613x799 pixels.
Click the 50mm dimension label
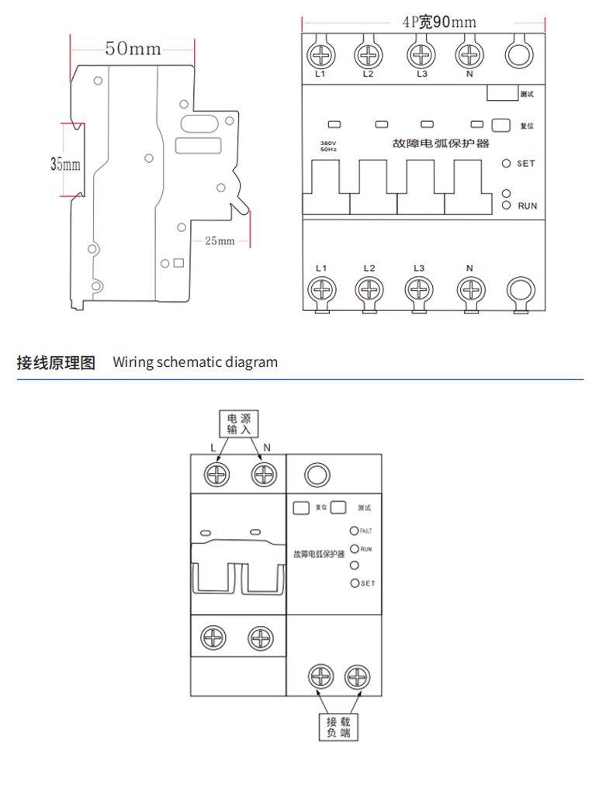pyautogui.click(x=133, y=49)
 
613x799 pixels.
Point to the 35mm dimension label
pyautogui.click(x=65, y=164)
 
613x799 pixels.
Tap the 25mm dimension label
pyautogui.click(x=220, y=240)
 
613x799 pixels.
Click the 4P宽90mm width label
pyautogui.click(x=439, y=22)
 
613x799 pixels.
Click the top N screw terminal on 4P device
pyautogui.click(x=469, y=55)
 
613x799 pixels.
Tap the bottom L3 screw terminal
pyautogui.click(x=419, y=290)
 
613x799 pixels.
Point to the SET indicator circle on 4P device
pyautogui.click(x=506, y=164)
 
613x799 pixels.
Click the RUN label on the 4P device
pyautogui.click(x=528, y=206)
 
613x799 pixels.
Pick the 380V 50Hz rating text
pyautogui.click(x=329, y=146)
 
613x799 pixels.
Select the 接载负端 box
pyautogui.click(x=338, y=727)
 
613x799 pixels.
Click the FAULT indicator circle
pyautogui.click(x=355, y=531)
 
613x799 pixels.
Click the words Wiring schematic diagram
pyautogui.click(x=195, y=362)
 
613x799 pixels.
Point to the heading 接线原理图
pyautogui.click(x=56, y=362)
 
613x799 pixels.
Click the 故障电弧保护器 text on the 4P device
pyautogui.click(x=441, y=144)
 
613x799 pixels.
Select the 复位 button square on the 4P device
pyautogui.click(x=500, y=125)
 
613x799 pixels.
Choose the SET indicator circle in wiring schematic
pyautogui.click(x=355, y=583)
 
